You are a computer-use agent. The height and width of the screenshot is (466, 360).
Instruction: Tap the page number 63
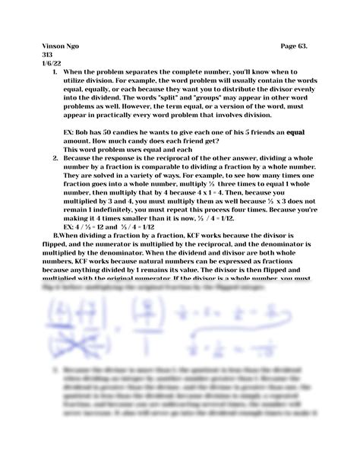click(308, 46)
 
